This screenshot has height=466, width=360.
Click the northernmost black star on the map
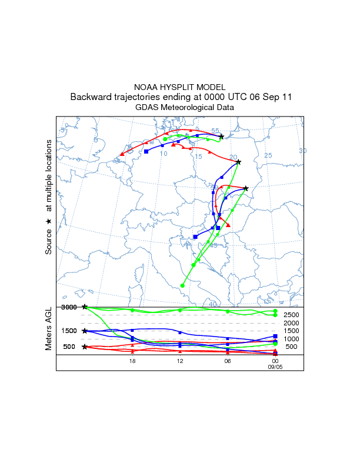[221, 137]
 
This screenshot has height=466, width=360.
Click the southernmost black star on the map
[246, 188]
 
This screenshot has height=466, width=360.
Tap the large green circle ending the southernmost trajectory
[182, 285]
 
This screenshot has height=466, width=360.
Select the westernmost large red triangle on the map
[122, 154]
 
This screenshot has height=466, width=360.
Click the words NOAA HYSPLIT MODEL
[179, 87]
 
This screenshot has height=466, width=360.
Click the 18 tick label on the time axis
[132, 361]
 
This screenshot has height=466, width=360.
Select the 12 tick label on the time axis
[180, 361]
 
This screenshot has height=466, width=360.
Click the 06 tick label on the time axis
[228, 361]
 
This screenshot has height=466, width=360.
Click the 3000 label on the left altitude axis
[69, 307]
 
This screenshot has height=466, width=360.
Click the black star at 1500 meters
[85, 331]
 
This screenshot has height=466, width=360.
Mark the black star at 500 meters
[85, 347]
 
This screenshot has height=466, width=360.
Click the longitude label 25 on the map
[268, 155]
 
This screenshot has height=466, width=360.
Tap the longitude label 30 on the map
[302, 151]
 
